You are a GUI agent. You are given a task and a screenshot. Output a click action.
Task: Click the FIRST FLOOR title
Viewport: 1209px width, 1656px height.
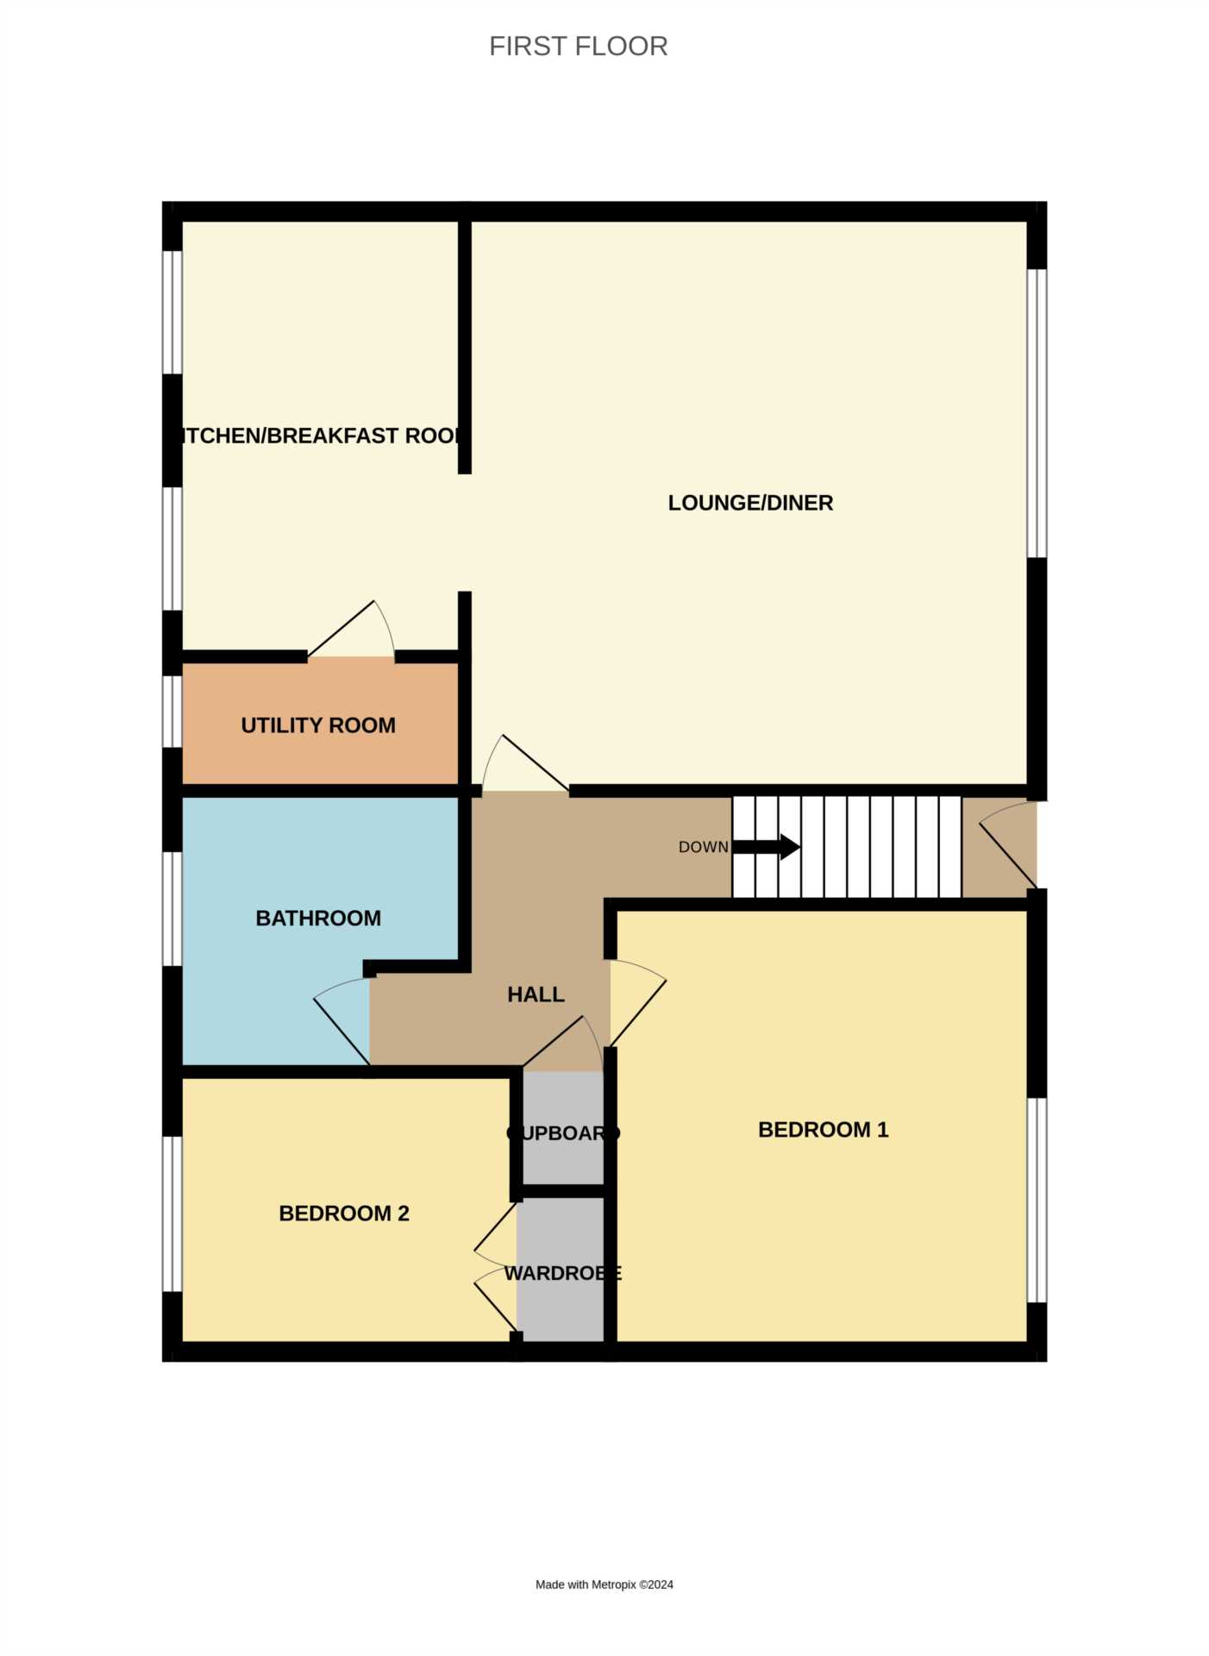(x=578, y=47)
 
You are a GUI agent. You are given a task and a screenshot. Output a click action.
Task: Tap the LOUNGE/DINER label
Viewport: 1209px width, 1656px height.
(x=750, y=503)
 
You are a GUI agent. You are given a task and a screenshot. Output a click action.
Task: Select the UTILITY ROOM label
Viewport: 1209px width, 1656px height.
(x=318, y=725)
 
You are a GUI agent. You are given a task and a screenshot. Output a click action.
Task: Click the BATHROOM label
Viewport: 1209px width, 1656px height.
(x=318, y=918)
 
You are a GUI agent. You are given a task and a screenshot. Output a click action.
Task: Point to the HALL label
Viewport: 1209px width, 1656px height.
(x=536, y=994)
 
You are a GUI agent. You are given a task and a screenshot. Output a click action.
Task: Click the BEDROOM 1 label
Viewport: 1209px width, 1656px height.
(x=823, y=1130)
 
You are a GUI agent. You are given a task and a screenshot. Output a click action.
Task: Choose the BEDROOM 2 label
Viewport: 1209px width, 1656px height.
(x=344, y=1214)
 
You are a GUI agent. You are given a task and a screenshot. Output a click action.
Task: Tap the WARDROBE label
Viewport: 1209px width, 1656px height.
(x=562, y=1273)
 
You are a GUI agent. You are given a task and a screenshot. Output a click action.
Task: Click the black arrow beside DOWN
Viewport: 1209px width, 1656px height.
(x=767, y=847)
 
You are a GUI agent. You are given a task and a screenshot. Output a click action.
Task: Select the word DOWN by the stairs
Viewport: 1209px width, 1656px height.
(x=703, y=847)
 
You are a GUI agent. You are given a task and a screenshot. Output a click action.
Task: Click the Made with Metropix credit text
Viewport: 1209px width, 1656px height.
(x=604, y=1584)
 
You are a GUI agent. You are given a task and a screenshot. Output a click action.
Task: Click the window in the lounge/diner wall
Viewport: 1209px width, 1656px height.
(x=1037, y=413)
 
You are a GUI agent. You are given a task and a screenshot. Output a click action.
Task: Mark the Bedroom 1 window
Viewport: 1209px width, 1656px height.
(x=1037, y=1200)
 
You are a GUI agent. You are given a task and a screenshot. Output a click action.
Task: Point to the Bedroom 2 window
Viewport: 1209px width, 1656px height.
(x=172, y=1214)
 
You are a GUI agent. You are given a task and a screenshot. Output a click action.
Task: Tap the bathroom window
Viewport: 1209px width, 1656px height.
(x=172, y=909)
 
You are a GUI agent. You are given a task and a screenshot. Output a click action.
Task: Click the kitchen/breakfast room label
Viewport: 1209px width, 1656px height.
(x=318, y=436)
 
